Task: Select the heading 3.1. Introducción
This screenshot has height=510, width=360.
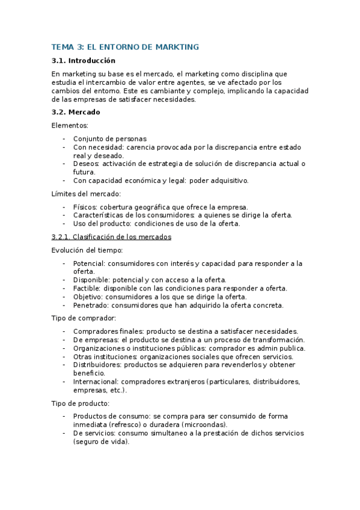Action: [84, 61]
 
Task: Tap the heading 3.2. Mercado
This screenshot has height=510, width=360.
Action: [76, 112]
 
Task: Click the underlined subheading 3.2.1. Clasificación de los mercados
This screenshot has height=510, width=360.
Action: [112, 237]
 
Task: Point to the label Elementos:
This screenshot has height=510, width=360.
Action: [70, 126]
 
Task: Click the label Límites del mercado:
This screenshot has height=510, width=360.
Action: [87, 194]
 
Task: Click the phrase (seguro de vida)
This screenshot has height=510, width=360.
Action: [101, 441]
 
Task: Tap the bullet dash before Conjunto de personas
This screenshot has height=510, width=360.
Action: [64, 139]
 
